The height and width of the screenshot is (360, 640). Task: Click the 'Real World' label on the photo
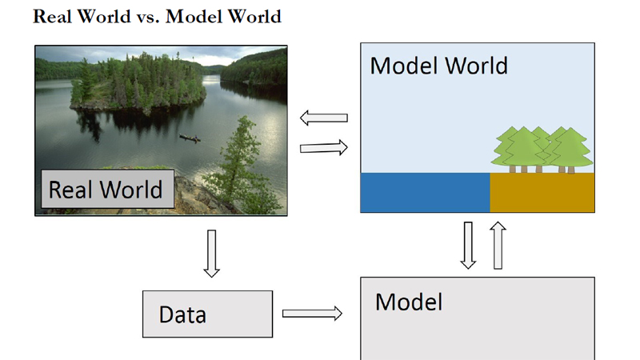pyautogui.click(x=106, y=190)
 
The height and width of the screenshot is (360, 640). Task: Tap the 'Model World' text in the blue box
pyautogui.click(x=438, y=65)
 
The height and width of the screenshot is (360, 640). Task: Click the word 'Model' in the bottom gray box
pyautogui.click(x=409, y=302)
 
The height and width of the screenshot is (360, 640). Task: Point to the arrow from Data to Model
pyautogui.click(x=312, y=313)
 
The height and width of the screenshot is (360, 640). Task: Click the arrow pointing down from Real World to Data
pyautogui.click(x=211, y=253)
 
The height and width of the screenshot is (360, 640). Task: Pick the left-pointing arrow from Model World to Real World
pyautogui.click(x=324, y=118)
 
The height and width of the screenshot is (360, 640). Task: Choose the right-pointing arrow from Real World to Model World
pyautogui.click(x=324, y=147)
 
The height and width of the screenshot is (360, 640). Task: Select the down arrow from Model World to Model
pyautogui.click(x=469, y=245)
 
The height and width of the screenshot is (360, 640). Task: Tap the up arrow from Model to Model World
pyautogui.click(x=498, y=245)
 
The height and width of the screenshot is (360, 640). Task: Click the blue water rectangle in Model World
pyautogui.click(x=425, y=192)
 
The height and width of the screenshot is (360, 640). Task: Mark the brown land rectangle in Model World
pyautogui.click(x=542, y=192)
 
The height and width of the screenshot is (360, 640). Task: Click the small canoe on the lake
pyautogui.click(x=190, y=138)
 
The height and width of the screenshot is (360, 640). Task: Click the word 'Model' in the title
pyautogui.click(x=193, y=17)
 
